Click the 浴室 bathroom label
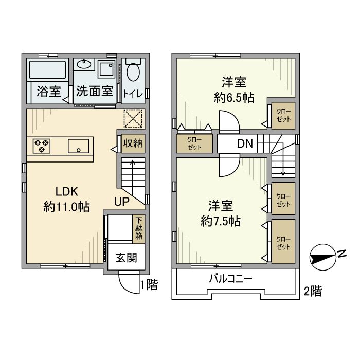[49, 92]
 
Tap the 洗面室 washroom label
[95, 92]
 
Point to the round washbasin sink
[84, 65]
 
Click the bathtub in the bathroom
[47, 69]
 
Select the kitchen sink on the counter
[78, 146]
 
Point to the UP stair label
[121, 202]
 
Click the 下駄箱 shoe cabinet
[140, 229]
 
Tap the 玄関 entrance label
[126, 258]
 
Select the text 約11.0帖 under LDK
[67, 207]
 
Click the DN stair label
[245, 144]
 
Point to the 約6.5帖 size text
[234, 98]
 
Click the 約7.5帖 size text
[221, 221]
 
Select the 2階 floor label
[313, 292]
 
